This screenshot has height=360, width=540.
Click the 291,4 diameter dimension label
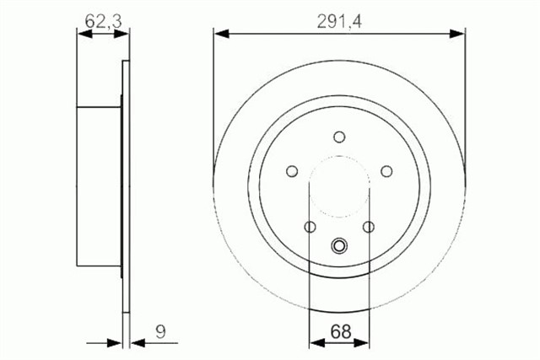[x=339, y=22]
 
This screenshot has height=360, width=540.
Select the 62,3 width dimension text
[x=103, y=22]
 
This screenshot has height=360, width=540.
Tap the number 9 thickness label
[x=160, y=332]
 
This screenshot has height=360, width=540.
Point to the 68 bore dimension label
[x=341, y=332]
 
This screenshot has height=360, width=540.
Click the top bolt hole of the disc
[x=339, y=137]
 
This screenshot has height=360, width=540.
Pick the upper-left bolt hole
[x=292, y=171]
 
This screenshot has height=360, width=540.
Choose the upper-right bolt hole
[x=386, y=171]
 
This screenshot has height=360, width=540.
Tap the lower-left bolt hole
[x=310, y=227]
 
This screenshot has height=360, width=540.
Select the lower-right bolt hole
[x=369, y=227]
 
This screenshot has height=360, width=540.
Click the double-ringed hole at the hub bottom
[x=339, y=246]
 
